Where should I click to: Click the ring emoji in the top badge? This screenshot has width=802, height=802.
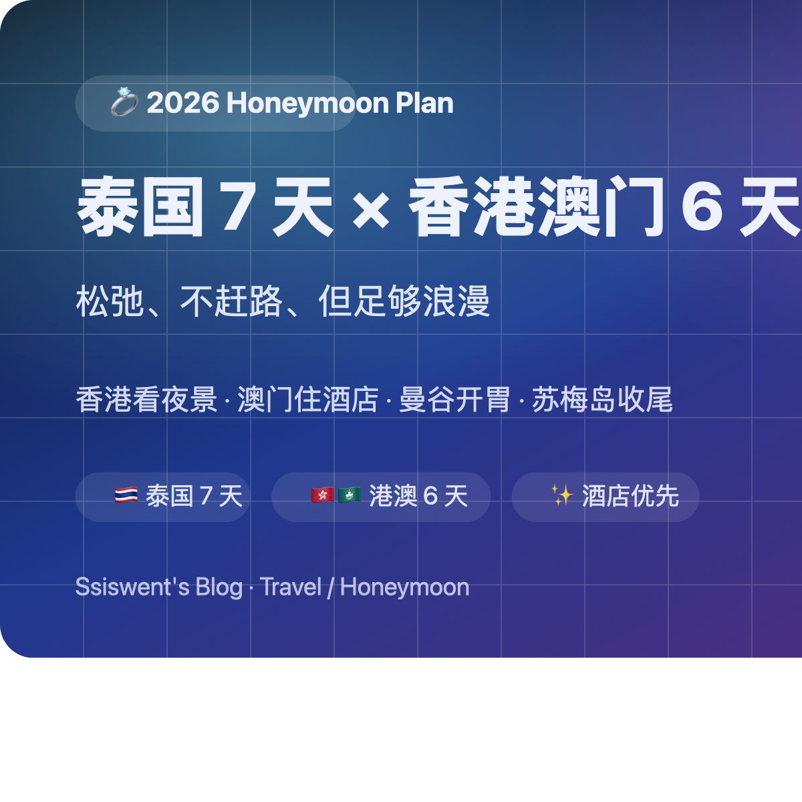[124, 102]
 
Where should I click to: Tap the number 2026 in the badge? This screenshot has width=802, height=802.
[183, 103]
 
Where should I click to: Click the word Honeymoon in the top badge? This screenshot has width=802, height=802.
[307, 103]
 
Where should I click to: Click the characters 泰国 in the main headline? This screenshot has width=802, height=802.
[140, 207]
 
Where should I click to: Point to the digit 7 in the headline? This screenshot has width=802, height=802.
[239, 207]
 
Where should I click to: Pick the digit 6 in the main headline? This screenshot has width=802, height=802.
[702, 207]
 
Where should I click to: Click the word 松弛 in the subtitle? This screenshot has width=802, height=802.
[110, 301]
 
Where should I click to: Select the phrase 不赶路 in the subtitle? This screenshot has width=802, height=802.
[231, 301]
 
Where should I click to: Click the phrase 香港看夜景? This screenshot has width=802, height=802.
[146, 400]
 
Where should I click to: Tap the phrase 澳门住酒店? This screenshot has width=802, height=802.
[308, 400]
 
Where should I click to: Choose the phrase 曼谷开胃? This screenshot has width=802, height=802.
[454, 400]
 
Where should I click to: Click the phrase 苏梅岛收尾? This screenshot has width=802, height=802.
[602, 400]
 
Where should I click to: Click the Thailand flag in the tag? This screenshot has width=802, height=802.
[126, 495]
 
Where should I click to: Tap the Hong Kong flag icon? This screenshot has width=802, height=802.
[323, 495]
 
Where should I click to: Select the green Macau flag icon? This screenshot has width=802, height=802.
[350, 495]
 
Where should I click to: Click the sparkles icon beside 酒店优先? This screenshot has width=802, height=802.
[562, 495]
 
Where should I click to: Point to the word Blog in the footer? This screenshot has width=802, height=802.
[219, 587]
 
